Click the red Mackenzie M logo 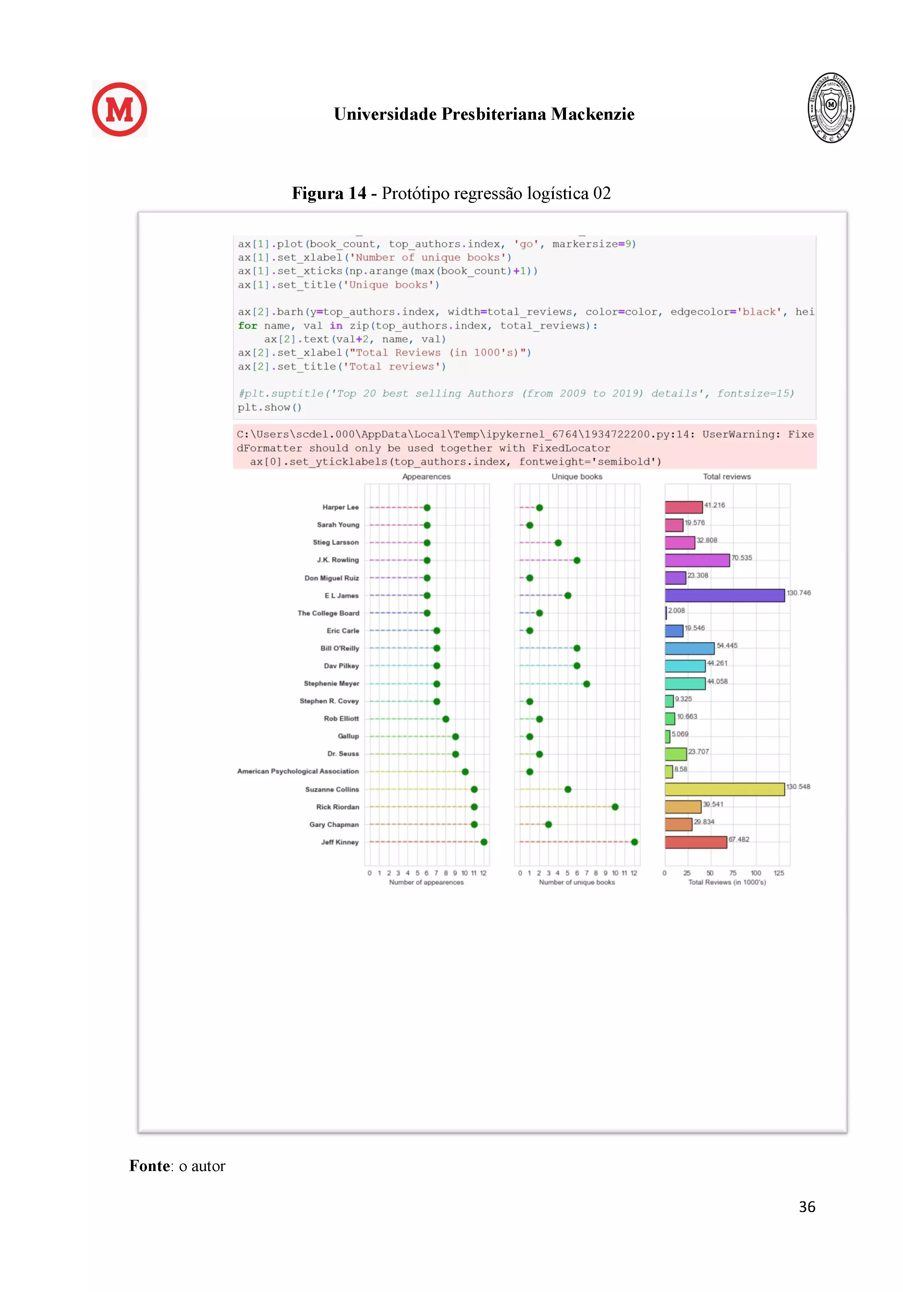tap(119, 109)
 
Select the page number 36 tap(807, 1207)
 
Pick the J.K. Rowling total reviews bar tap(697, 560)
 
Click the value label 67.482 tap(739, 839)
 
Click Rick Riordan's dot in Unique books tap(615, 807)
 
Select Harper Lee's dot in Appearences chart tap(427, 508)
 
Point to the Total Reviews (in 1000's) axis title tap(727, 882)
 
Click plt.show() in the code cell tap(270, 407)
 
